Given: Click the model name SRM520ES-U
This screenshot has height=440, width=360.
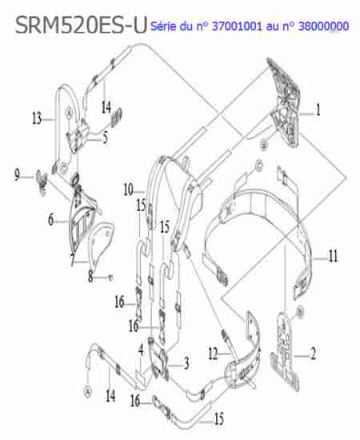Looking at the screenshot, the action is pyautogui.click(x=81, y=26).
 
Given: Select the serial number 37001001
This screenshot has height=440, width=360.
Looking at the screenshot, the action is pyautogui.click(x=237, y=26).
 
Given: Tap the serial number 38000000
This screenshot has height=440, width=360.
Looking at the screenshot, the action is pyautogui.click(x=323, y=26).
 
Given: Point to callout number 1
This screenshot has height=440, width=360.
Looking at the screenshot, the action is pyautogui.click(x=318, y=110).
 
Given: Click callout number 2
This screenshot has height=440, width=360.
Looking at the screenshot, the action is pyautogui.click(x=313, y=354).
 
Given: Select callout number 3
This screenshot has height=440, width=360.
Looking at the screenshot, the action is pyautogui.click(x=186, y=364).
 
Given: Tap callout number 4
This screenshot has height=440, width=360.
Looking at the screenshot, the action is pyautogui.click(x=141, y=350).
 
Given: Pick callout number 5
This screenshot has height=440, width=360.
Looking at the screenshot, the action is pyautogui.click(x=106, y=138).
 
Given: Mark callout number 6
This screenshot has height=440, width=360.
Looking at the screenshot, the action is pyautogui.click(x=50, y=220).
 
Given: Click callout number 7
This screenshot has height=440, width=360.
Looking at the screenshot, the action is pyautogui.click(x=72, y=259).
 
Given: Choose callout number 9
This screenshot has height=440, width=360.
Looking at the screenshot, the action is pyautogui.click(x=17, y=175).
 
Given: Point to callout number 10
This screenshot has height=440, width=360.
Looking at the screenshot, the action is pyautogui.click(x=129, y=190).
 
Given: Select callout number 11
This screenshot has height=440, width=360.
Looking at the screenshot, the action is pyautogui.click(x=333, y=256).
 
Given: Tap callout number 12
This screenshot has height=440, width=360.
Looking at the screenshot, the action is pyautogui.click(x=214, y=354).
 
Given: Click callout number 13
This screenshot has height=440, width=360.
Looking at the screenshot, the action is pyautogui.click(x=37, y=118).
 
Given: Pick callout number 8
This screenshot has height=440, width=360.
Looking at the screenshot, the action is pyautogui.click(x=90, y=276).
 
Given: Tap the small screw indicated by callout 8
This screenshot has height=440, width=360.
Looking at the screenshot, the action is pyautogui.click(x=110, y=278).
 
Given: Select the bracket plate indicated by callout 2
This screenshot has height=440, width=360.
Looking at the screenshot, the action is pyautogui.click(x=285, y=350).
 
